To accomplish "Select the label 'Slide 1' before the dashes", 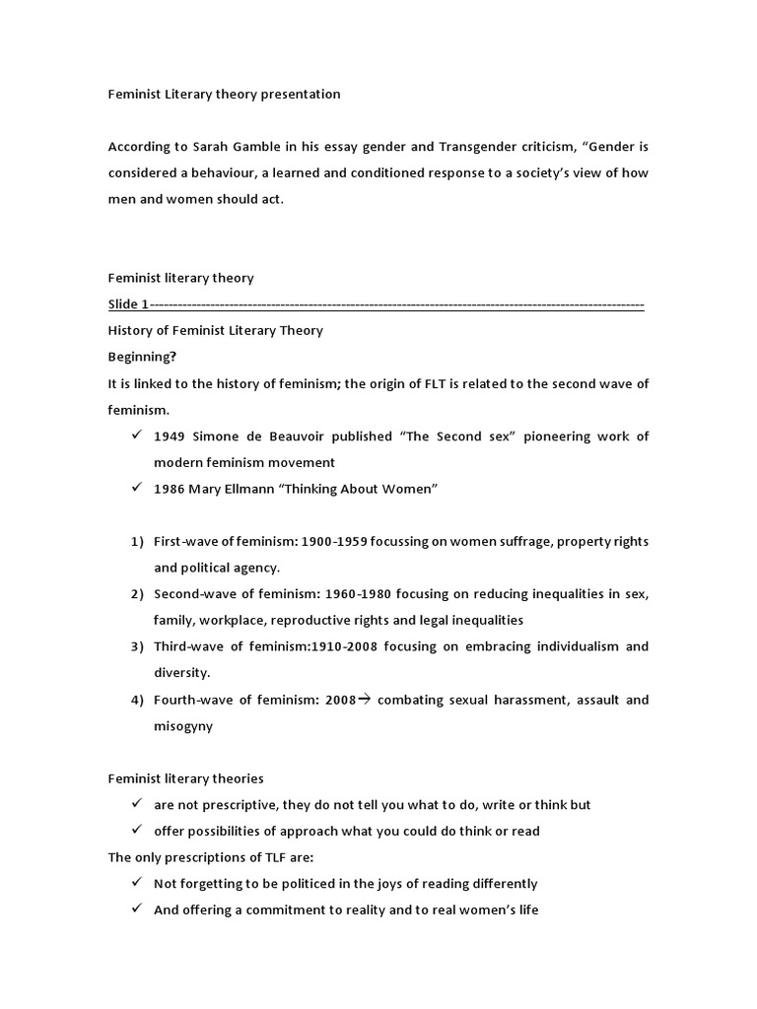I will tap(128, 304).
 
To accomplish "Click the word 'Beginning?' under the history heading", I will tap(142, 357).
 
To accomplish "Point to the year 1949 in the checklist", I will tap(172, 437).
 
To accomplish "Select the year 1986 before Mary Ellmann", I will tap(171, 490).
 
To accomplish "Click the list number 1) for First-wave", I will tap(137, 542).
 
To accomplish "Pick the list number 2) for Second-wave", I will tap(137, 594).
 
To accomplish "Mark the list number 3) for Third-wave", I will tap(137, 646).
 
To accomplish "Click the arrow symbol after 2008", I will tap(364, 700).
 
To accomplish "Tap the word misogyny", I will tap(183, 726).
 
